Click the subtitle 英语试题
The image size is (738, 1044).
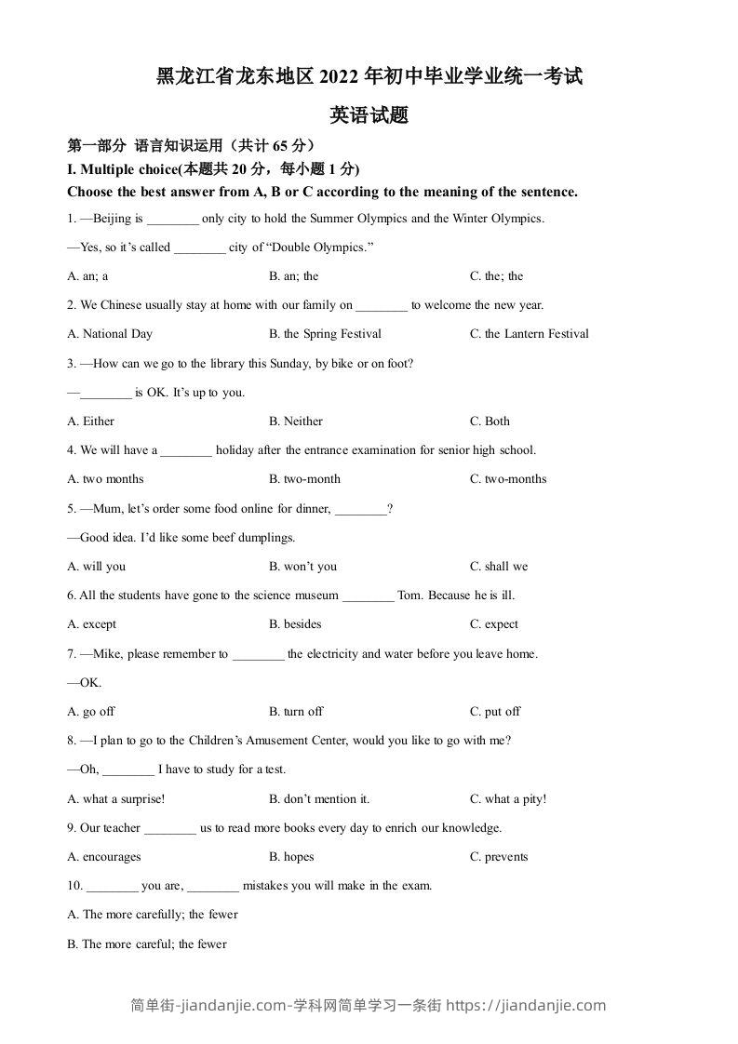[x=369, y=116]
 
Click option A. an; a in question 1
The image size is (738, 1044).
[x=88, y=276]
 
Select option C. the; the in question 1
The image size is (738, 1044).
[x=497, y=276]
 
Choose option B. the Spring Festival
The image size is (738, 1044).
[x=325, y=334]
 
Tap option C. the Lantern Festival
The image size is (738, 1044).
[x=530, y=334]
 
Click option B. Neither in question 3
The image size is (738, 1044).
[x=296, y=422]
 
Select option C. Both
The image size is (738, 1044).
[x=490, y=422]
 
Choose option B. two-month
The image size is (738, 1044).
[x=304, y=479]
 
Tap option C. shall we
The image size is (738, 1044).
[x=499, y=567]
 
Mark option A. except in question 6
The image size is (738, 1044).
[x=92, y=624]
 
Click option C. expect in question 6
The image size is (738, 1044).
[x=494, y=624]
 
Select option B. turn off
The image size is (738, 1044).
[x=296, y=712]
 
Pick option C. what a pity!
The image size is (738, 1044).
[x=508, y=799]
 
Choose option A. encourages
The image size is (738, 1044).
[x=104, y=857]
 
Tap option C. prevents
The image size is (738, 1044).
[x=499, y=857]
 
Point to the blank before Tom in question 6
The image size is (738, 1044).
[x=368, y=596]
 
